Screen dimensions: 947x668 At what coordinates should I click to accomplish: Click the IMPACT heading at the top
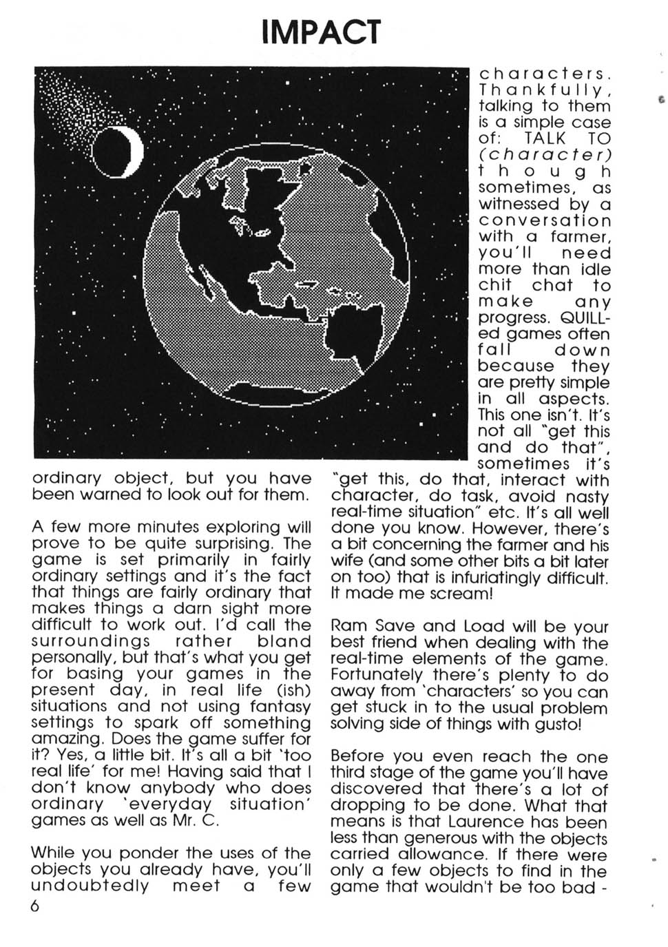pos(321,31)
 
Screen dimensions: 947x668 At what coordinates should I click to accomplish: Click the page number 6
pos(36,905)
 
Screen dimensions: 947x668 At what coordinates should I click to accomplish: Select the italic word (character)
pos(544,155)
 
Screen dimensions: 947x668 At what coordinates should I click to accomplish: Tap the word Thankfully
pos(544,90)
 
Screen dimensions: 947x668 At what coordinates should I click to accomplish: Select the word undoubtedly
pos(90,886)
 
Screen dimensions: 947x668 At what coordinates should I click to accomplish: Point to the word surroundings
pos(91,641)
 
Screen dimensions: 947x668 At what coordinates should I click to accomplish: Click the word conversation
pos(544,220)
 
